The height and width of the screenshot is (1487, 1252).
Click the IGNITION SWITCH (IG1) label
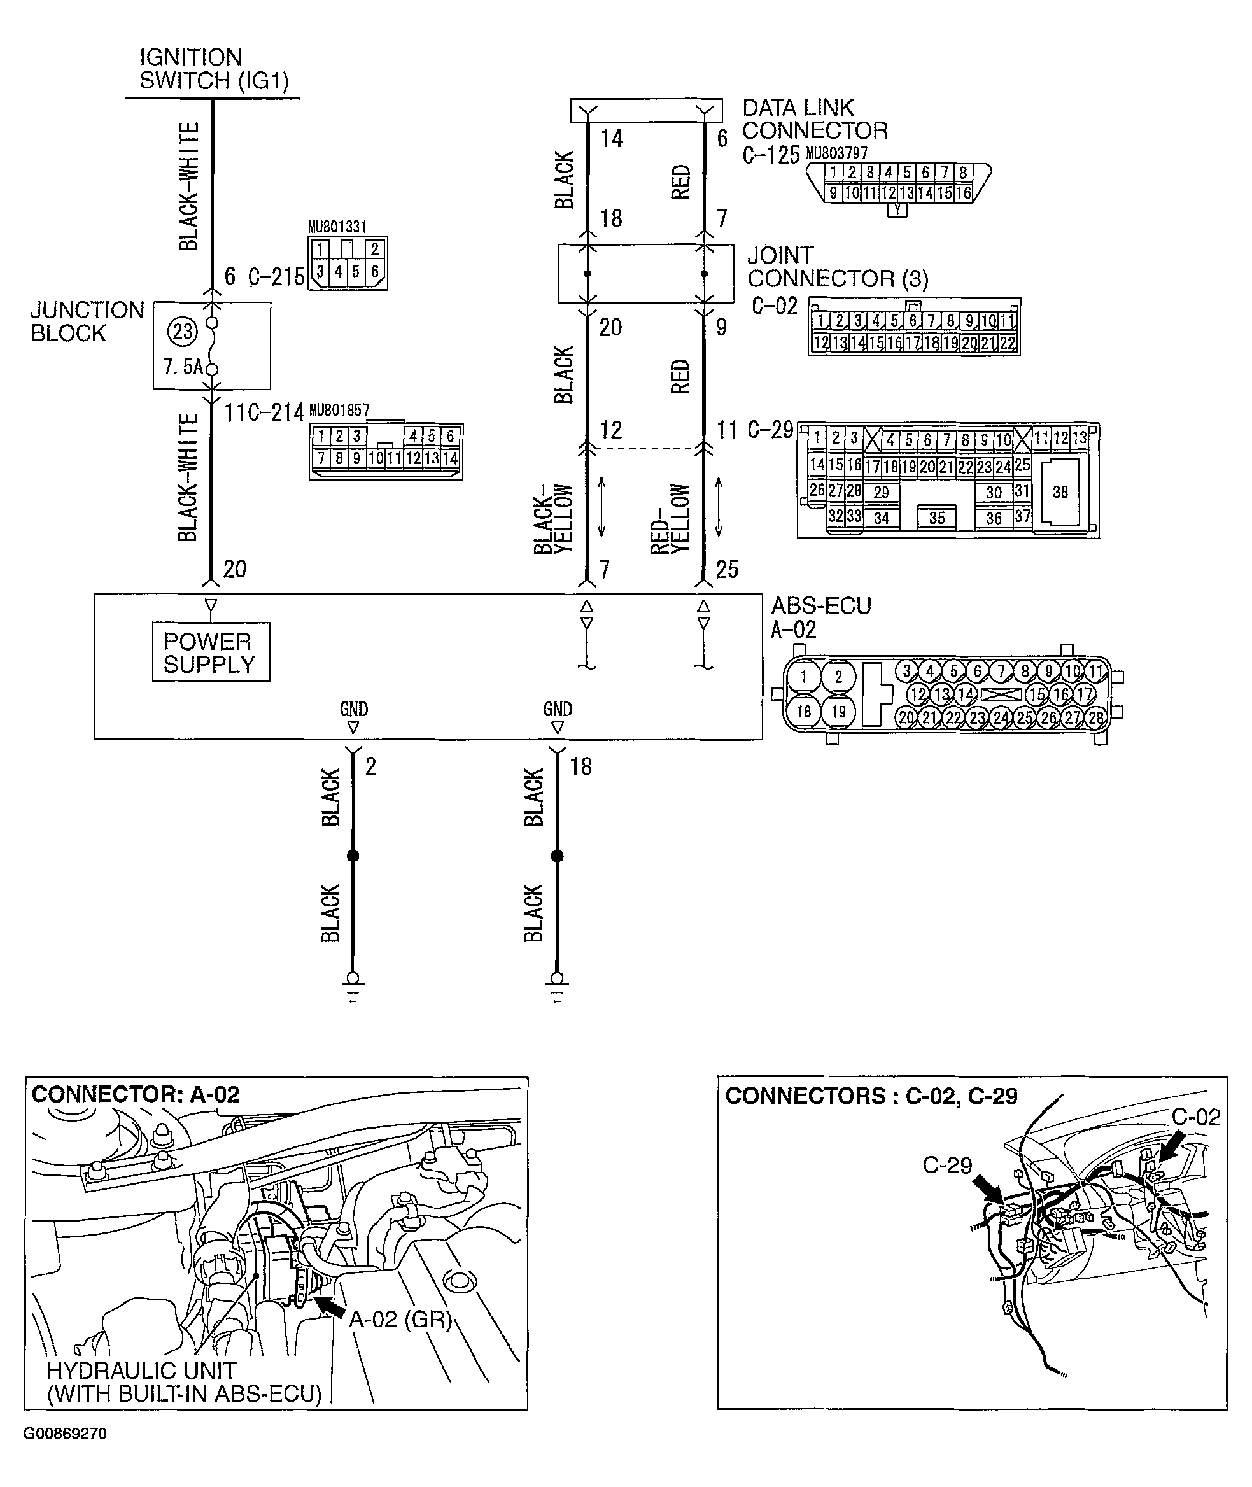click(x=213, y=69)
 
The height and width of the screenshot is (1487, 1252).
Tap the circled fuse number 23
click(x=183, y=332)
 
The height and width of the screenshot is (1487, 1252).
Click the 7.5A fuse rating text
click(x=183, y=367)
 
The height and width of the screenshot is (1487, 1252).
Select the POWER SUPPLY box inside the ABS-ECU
click(x=210, y=652)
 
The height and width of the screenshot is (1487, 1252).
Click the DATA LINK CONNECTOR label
click(x=814, y=119)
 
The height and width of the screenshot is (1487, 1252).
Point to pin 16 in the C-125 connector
click(x=963, y=193)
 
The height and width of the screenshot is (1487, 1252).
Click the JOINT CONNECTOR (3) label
click(x=837, y=267)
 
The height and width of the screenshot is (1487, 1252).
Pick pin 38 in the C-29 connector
click(x=1060, y=492)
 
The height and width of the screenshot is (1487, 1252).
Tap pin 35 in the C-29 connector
click(x=936, y=518)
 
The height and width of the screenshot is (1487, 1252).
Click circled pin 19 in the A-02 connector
click(x=838, y=711)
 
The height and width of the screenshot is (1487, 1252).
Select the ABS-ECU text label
click(x=820, y=605)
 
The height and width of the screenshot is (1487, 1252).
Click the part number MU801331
click(x=337, y=227)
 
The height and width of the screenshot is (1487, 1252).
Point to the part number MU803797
click(x=836, y=153)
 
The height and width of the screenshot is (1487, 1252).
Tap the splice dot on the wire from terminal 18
click(x=557, y=856)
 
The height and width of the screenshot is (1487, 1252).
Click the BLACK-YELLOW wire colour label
click(x=553, y=518)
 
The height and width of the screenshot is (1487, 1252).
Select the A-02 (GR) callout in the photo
click(x=400, y=1319)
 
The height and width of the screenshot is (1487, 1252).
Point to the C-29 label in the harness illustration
click(x=947, y=1165)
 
